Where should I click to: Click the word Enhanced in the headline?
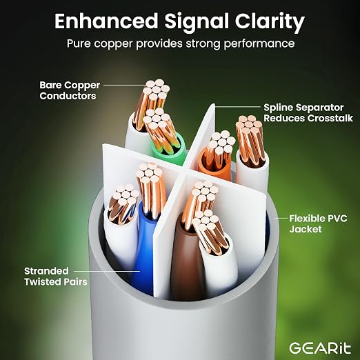[x=106, y=21]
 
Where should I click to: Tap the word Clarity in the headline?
[x=270, y=22]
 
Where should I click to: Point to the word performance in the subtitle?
[x=259, y=43]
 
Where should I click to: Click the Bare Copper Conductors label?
[x=70, y=90]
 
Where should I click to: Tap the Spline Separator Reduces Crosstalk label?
[x=308, y=112]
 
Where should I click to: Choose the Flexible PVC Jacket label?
[x=318, y=223]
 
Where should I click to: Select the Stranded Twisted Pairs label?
[x=56, y=277]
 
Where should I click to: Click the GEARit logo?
[x=320, y=348]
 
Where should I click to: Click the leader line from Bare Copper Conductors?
[x=126, y=85]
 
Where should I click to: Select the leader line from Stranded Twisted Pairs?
[x=107, y=271]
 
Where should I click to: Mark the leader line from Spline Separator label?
[x=237, y=107]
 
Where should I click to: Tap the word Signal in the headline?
[x=197, y=22]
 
